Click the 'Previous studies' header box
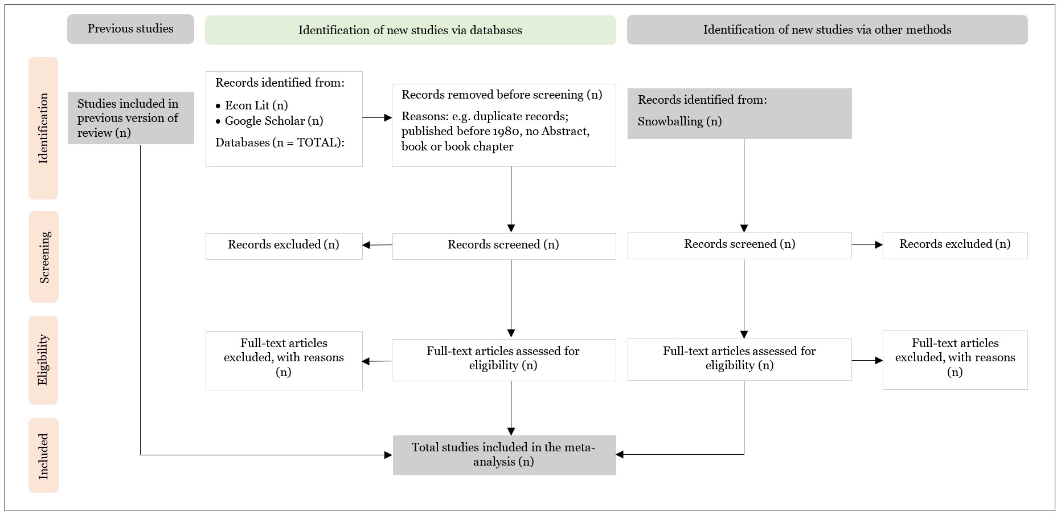(130, 29)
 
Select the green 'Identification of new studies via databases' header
(411, 30)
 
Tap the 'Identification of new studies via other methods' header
(828, 30)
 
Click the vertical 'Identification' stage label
(44, 128)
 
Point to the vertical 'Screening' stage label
(44, 257)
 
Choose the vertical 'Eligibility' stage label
(43, 360)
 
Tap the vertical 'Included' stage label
(43, 455)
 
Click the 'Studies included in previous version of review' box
(131, 118)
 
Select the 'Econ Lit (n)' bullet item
(252, 105)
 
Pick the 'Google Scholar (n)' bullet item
(269, 121)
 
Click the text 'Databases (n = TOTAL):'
(280, 142)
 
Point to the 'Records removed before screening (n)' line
(502, 95)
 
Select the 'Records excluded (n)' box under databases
(284, 246)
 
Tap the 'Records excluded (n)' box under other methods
(955, 246)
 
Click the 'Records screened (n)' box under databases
(504, 246)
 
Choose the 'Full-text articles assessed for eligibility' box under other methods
(740, 360)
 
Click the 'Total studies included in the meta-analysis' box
(505, 455)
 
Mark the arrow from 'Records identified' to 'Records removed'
(378, 118)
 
